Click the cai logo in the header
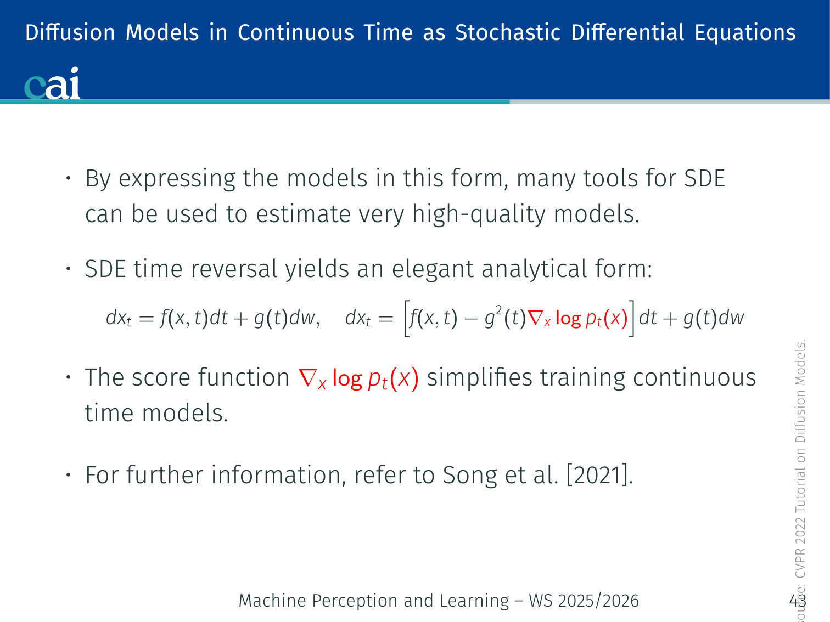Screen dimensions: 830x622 [x=52, y=83]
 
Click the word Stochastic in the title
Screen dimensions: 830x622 [x=507, y=32]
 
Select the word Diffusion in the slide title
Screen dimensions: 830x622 [x=70, y=32]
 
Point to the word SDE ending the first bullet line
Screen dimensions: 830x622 [x=704, y=178]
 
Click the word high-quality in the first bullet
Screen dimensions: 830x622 [x=479, y=214]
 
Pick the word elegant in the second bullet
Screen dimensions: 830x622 [x=433, y=270]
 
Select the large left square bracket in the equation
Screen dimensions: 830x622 [x=407, y=318]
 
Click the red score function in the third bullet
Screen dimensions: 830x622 [x=358, y=378]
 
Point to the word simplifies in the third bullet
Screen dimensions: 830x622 [x=479, y=378]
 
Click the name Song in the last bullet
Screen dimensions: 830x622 [x=470, y=476]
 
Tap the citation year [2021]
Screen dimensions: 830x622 [x=599, y=475]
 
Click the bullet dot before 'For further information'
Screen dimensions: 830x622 [x=69, y=474]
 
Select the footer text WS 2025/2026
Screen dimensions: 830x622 [x=584, y=601]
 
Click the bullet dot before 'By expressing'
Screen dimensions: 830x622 [x=69, y=178]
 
